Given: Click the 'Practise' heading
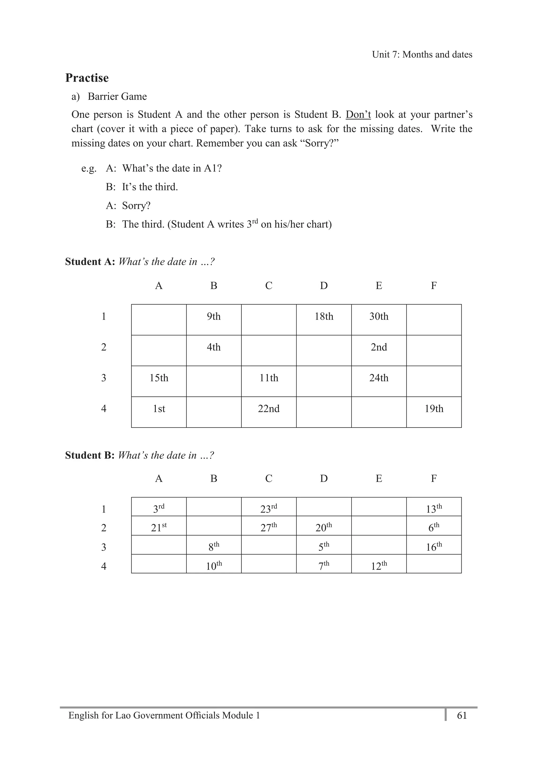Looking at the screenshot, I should point(87,78).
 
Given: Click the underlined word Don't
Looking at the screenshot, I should point(358,115).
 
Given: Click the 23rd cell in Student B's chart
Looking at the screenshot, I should point(269,509).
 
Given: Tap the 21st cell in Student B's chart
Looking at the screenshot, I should point(159,527).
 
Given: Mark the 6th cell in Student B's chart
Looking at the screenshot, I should point(434,527).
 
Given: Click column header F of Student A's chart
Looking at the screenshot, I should point(434,286).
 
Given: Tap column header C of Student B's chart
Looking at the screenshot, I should point(269,478).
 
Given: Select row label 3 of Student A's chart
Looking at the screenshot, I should point(104,378).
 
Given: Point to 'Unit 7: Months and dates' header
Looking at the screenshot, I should point(422,55).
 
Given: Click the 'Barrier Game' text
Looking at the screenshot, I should point(117,97).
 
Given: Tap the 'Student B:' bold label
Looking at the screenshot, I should point(90,455).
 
